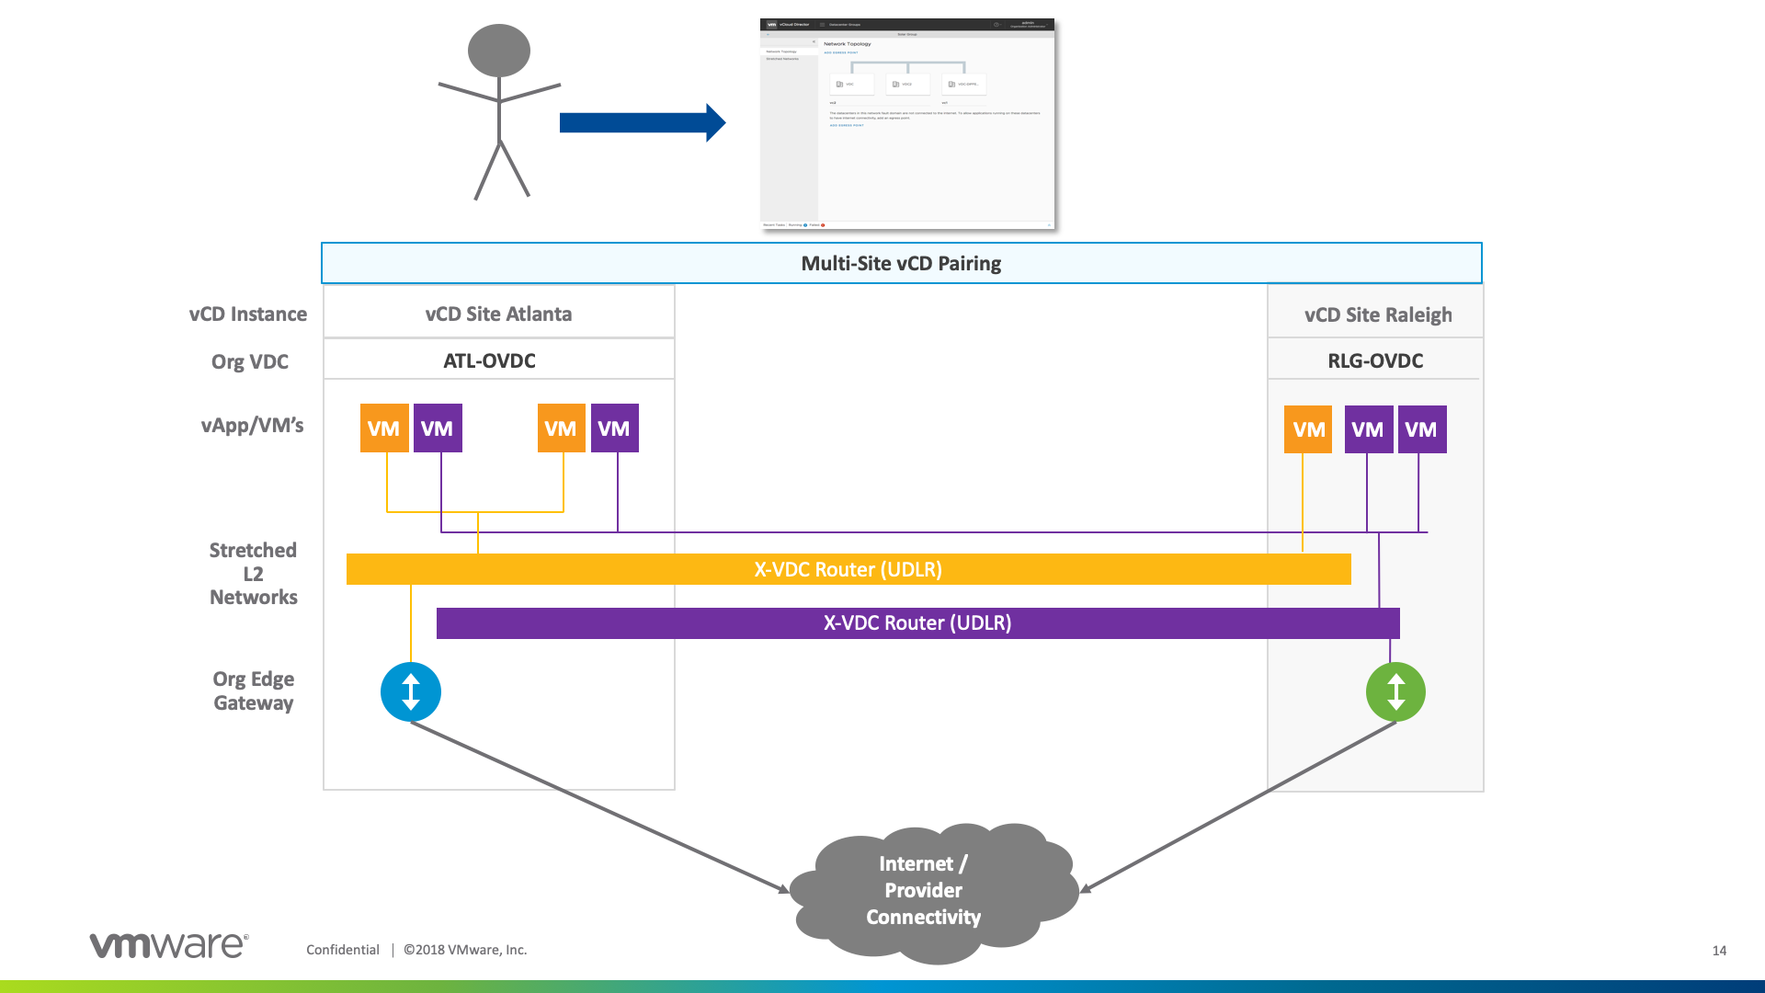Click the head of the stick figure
(499, 51)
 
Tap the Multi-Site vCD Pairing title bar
(901, 264)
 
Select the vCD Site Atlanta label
(498, 314)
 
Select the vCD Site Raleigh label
(1377, 314)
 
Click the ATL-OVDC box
(490, 360)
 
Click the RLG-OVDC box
(1375, 360)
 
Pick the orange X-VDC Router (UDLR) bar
(848, 569)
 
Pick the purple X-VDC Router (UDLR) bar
(917, 622)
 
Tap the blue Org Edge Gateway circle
(411, 691)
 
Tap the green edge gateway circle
(1395, 691)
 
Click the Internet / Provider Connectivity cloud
(924, 890)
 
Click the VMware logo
(168, 945)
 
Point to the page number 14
(1719, 951)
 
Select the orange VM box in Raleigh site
(1308, 429)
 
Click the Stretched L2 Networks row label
(253, 574)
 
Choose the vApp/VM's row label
(252, 425)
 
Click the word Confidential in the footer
(342, 950)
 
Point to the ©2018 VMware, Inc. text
(465, 950)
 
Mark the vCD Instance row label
(248, 314)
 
